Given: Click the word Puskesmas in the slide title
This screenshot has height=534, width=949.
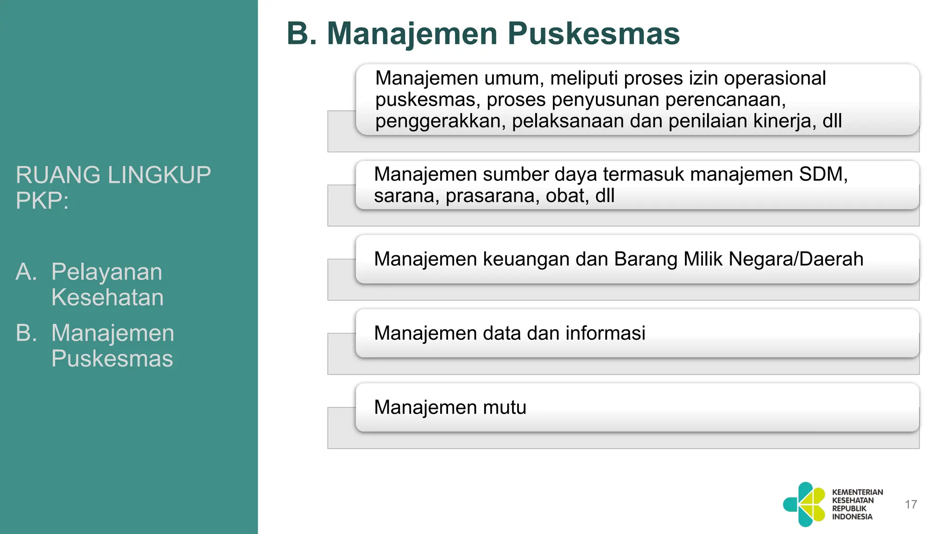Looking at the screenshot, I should pos(594,33).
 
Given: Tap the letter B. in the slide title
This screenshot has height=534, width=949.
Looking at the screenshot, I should pos(302,33).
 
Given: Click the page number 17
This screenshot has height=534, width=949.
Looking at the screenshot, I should pos(911,504).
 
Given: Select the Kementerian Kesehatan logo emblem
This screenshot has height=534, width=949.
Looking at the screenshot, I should pos(804,504).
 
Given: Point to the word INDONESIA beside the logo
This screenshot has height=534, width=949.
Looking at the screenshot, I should pos(852,517).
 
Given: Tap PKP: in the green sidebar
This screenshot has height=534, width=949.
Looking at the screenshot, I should pos(42,201).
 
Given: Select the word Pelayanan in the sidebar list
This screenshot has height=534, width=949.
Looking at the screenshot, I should pos(107,272).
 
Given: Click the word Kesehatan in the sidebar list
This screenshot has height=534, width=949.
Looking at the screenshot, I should pos(108,297).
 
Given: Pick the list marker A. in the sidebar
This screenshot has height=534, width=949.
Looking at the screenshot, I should pos(26,272).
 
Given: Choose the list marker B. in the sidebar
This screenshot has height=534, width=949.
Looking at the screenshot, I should pos(26,333).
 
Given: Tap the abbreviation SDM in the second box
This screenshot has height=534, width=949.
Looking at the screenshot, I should pos(823,174).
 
